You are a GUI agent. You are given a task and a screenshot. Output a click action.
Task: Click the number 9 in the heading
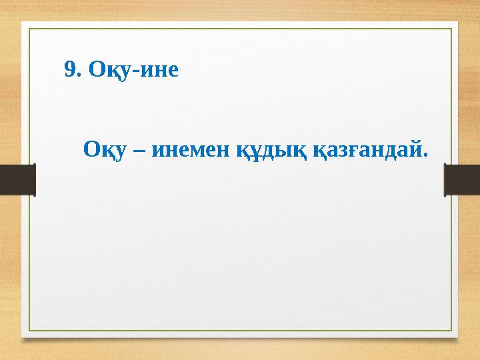click(x=69, y=69)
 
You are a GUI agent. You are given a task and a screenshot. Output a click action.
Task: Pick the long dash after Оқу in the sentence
click(x=141, y=149)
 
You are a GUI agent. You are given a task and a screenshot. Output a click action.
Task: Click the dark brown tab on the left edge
click(x=17, y=181)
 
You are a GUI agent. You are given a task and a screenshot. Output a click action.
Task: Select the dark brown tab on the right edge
click(x=462, y=181)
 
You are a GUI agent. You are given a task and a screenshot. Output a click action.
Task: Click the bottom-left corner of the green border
click(x=28, y=331)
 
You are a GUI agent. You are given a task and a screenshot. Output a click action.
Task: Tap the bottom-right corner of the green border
click(x=451, y=331)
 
